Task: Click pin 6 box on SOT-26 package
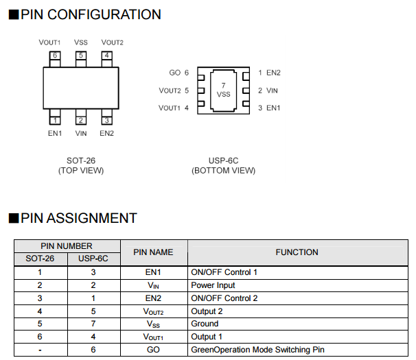(x=54, y=56)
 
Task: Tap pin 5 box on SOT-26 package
(x=81, y=56)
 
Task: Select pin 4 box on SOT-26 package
(x=107, y=56)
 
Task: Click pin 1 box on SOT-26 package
(x=54, y=120)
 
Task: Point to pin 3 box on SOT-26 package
(x=107, y=120)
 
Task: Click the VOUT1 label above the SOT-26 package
(x=49, y=43)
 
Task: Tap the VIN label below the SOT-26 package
(x=81, y=133)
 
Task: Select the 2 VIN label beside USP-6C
(x=268, y=91)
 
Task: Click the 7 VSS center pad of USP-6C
(x=224, y=90)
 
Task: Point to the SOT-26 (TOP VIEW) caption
(x=81, y=165)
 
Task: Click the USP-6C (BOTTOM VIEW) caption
(x=223, y=165)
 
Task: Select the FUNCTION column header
(x=297, y=252)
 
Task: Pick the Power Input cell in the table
(x=213, y=285)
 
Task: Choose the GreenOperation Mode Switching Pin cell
(x=257, y=350)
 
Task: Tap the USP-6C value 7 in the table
(x=93, y=324)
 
